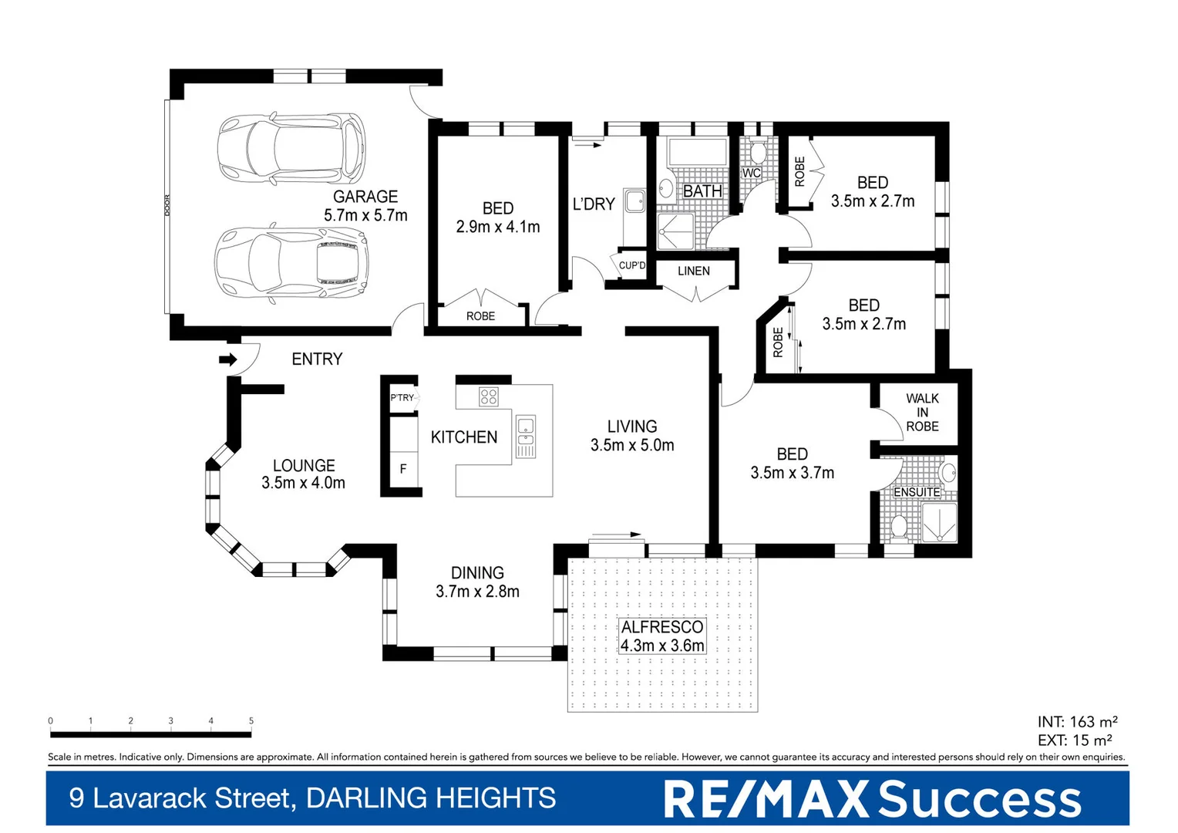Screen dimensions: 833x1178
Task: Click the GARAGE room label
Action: [365, 197]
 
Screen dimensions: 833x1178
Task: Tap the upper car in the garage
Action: [291, 149]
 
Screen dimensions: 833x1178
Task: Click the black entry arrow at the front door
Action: [227, 359]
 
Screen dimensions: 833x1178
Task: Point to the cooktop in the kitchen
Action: [489, 396]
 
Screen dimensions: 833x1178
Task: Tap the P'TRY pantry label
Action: [402, 398]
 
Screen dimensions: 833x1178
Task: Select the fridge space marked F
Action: [402, 469]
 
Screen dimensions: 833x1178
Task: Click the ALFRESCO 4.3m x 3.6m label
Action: [662, 636]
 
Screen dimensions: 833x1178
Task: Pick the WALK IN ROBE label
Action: [922, 413]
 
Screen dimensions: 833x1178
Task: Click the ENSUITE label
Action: [917, 492]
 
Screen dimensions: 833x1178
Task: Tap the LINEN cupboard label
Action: [694, 271]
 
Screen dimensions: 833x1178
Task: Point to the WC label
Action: [751, 173]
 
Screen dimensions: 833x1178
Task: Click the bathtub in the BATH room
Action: [697, 152]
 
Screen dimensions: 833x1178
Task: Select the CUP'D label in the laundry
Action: [632, 265]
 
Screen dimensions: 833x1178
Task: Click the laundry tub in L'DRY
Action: [634, 201]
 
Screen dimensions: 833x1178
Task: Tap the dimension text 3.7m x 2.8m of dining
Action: [477, 592]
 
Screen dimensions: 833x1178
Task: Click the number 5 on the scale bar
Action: [251, 720]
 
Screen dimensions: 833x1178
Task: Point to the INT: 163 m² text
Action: [1077, 722]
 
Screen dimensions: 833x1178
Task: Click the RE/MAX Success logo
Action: [872, 799]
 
